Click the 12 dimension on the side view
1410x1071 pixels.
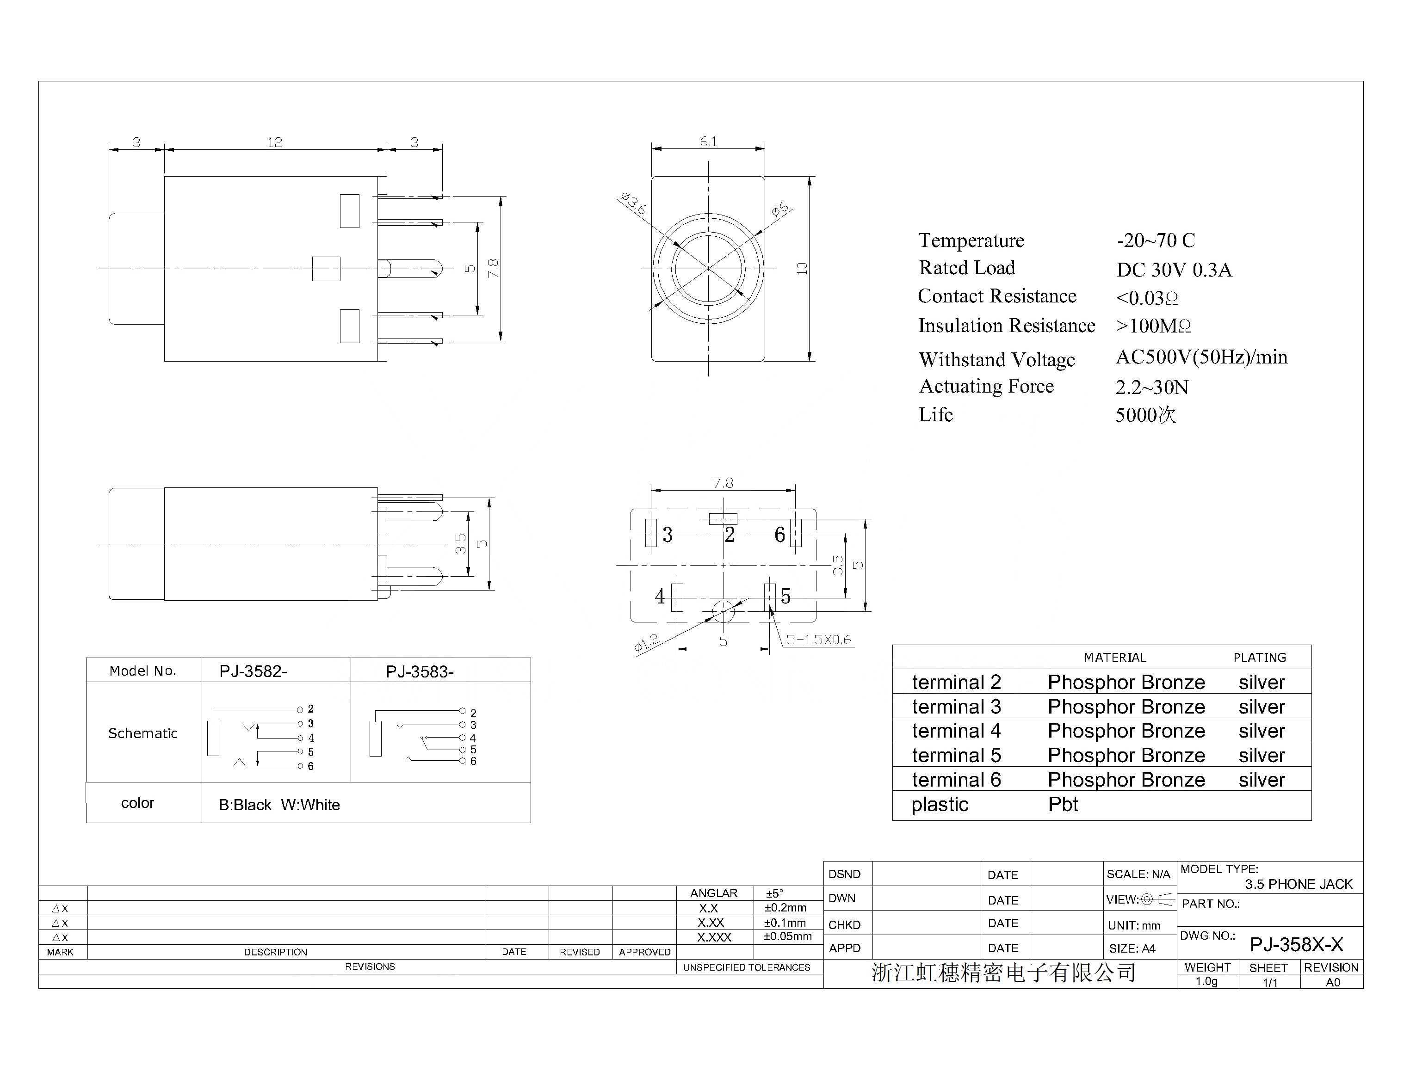point(275,142)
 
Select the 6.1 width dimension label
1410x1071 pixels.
point(709,142)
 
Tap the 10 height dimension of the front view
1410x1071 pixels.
point(802,268)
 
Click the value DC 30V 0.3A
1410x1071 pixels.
point(1174,270)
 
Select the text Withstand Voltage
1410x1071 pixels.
point(997,360)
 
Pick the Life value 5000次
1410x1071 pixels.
point(1145,415)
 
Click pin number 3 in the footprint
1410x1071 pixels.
point(667,534)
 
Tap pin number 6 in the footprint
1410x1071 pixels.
point(779,534)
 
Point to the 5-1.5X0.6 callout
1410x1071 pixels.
point(819,640)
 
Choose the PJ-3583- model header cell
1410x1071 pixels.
point(420,672)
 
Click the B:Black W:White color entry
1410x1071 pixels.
point(279,805)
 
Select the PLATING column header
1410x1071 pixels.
point(1260,657)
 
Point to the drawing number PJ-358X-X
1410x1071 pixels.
point(1297,944)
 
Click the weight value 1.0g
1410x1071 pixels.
point(1206,981)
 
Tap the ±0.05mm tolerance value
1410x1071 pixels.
point(788,936)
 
